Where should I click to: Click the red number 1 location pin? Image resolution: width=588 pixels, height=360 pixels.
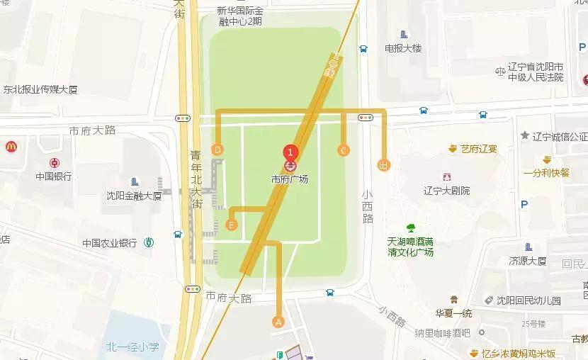point(289,152)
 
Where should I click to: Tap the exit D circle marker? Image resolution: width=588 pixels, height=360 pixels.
point(217,150)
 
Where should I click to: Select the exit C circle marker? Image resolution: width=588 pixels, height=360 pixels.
point(344,150)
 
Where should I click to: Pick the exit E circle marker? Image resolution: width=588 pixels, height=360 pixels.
point(231,225)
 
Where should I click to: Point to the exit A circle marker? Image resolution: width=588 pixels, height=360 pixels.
point(278,322)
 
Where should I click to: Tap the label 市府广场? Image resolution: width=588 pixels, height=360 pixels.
point(290,179)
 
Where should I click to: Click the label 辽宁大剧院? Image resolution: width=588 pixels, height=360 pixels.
point(446,191)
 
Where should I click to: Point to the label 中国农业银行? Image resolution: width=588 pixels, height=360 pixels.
point(109,242)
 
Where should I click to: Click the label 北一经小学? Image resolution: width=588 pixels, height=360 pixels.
point(132,347)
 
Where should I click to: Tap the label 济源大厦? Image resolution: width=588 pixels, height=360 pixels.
point(528,261)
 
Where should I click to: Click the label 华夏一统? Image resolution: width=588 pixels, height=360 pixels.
point(453,313)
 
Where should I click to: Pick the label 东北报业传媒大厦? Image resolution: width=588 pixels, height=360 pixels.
point(40,90)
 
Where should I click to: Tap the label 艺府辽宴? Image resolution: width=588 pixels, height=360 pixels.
point(480,149)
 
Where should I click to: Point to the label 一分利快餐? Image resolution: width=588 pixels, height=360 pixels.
point(546,172)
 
